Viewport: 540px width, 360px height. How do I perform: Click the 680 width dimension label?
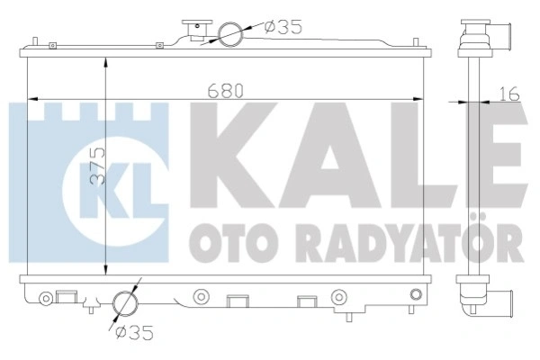(x=226, y=91)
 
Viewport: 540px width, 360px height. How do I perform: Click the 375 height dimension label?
(x=97, y=166)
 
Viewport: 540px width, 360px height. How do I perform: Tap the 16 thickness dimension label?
(x=509, y=94)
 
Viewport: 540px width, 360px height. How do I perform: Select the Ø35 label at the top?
(x=283, y=27)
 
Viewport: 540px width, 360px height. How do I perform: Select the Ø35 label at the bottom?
(x=134, y=333)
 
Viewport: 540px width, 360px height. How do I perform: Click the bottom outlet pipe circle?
(x=125, y=303)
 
